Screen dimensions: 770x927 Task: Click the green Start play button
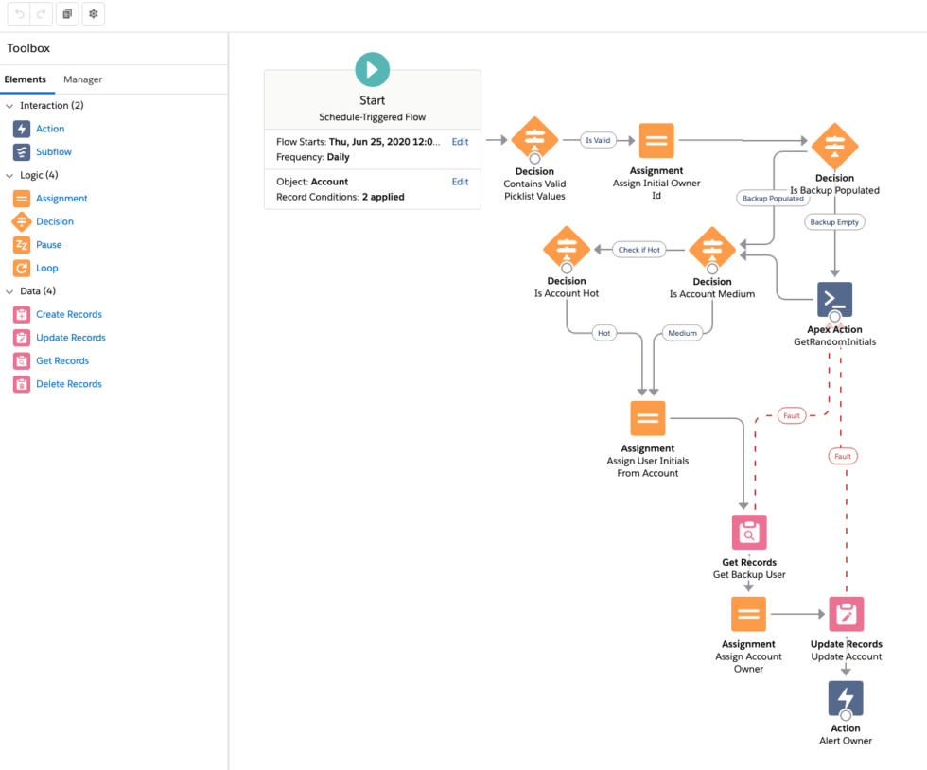[372, 70]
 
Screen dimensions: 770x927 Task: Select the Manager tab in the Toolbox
[82, 79]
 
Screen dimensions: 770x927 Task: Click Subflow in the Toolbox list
[53, 151]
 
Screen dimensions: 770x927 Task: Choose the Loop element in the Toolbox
[46, 268]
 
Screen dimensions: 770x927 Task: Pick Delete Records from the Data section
[68, 384]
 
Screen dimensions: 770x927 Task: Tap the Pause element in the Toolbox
[48, 244]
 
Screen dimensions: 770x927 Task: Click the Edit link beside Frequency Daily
[460, 142]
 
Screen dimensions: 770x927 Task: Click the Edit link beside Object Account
[460, 182]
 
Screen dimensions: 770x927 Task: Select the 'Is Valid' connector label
[598, 140]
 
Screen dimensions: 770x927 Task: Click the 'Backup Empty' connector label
[835, 222]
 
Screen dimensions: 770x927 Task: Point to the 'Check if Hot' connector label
[639, 250]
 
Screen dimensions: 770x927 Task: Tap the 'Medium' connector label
[682, 333]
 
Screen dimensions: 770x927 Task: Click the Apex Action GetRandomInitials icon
[834, 299]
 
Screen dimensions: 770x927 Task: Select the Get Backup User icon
[748, 533]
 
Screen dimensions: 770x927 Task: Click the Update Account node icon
[846, 615]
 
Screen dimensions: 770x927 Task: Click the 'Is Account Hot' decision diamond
[567, 250]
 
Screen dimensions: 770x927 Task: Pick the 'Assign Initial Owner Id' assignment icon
[656, 141]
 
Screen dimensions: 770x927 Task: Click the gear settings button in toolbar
[93, 14]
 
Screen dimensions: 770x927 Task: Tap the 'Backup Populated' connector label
[773, 199]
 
